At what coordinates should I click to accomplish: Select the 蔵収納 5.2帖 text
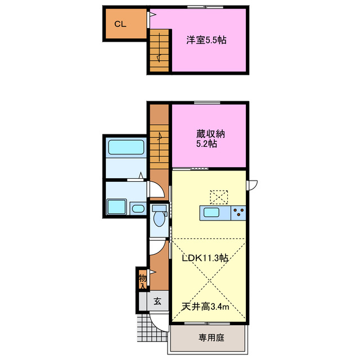click(209, 139)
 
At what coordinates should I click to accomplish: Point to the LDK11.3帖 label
click(204, 259)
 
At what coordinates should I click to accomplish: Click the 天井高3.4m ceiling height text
click(205, 307)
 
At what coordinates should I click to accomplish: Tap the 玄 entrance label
click(157, 301)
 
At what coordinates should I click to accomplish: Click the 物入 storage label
click(142, 281)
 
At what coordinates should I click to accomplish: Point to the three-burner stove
click(238, 213)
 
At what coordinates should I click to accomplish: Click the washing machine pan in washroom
click(117, 208)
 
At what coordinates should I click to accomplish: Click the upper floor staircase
click(159, 51)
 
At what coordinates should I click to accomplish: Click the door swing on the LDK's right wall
click(253, 184)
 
